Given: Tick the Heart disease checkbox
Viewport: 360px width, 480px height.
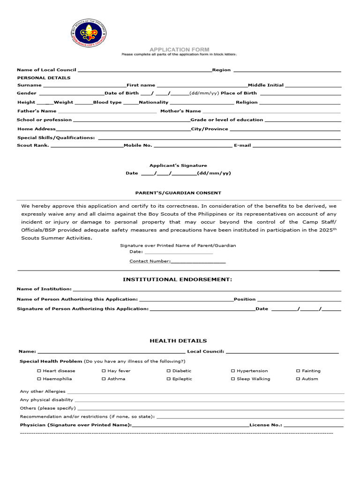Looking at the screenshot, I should pos(39,371).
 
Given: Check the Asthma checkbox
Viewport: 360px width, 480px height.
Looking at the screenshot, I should pos(104,379).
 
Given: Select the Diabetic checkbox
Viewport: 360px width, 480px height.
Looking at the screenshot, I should pos(168,371).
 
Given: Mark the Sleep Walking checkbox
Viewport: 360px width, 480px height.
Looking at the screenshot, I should pos(233,379).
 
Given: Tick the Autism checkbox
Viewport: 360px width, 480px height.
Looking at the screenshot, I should pos(298,379).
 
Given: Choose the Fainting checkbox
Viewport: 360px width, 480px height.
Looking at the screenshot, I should pos(298,371).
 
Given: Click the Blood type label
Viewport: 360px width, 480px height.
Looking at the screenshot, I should pos(107,102).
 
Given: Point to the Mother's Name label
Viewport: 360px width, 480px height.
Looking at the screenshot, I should pos(180,111).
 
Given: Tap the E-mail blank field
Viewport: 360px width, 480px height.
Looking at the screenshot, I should pos(296,146).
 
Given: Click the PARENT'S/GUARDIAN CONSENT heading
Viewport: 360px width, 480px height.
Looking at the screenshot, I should pos(178,193).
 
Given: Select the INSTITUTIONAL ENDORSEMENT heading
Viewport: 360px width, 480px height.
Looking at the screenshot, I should pos(177,279).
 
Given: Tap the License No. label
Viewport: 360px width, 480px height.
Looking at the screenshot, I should pos(266,425).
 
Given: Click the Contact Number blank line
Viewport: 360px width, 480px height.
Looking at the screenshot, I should pos(198,262).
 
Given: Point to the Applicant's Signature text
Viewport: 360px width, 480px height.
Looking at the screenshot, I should pos(178,165).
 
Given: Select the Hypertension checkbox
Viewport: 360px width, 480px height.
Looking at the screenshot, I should pos(233,371).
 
